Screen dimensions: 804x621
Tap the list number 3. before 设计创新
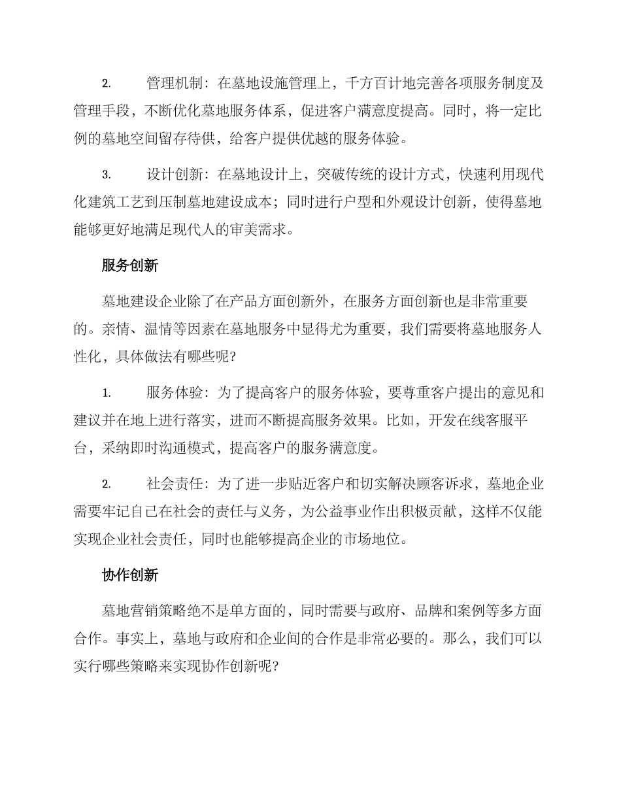click(107, 175)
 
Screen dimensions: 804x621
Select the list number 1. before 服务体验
click(107, 393)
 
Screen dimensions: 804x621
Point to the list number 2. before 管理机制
click(107, 84)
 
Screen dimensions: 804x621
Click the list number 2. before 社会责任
click(107, 484)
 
